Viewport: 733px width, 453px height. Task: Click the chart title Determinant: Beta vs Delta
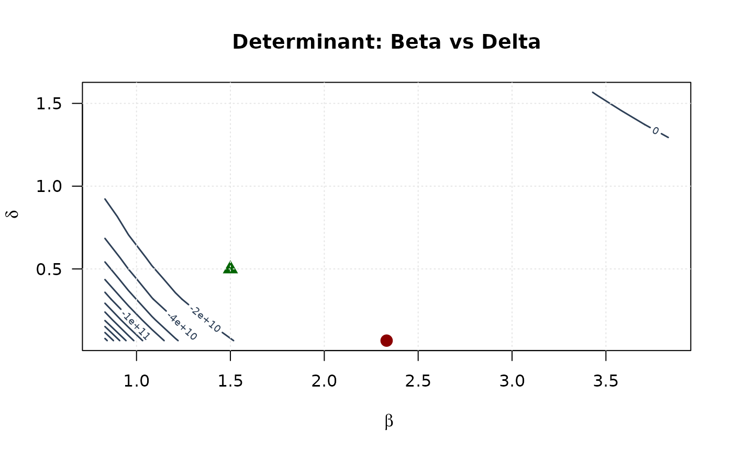click(x=386, y=42)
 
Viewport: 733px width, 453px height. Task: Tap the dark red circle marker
click(x=386, y=341)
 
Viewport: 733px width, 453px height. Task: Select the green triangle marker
click(x=230, y=267)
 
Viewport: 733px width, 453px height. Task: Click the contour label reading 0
click(x=656, y=130)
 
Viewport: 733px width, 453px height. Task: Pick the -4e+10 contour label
click(x=182, y=327)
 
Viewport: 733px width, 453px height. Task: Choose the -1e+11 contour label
click(x=136, y=326)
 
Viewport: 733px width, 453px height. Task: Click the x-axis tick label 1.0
click(x=137, y=381)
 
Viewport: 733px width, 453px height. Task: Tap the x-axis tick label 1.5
click(x=230, y=381)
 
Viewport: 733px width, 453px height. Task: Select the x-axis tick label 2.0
click(x=324, y=381)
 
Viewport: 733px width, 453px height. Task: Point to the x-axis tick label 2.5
click(x=418, y=381)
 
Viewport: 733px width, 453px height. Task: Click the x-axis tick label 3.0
click(x=512, y=381)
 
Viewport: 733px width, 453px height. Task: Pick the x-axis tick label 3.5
click(x=605, y=381)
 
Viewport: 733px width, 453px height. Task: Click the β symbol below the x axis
click(x=388, y=422)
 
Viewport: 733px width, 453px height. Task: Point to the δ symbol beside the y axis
click(x=14, y=213)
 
